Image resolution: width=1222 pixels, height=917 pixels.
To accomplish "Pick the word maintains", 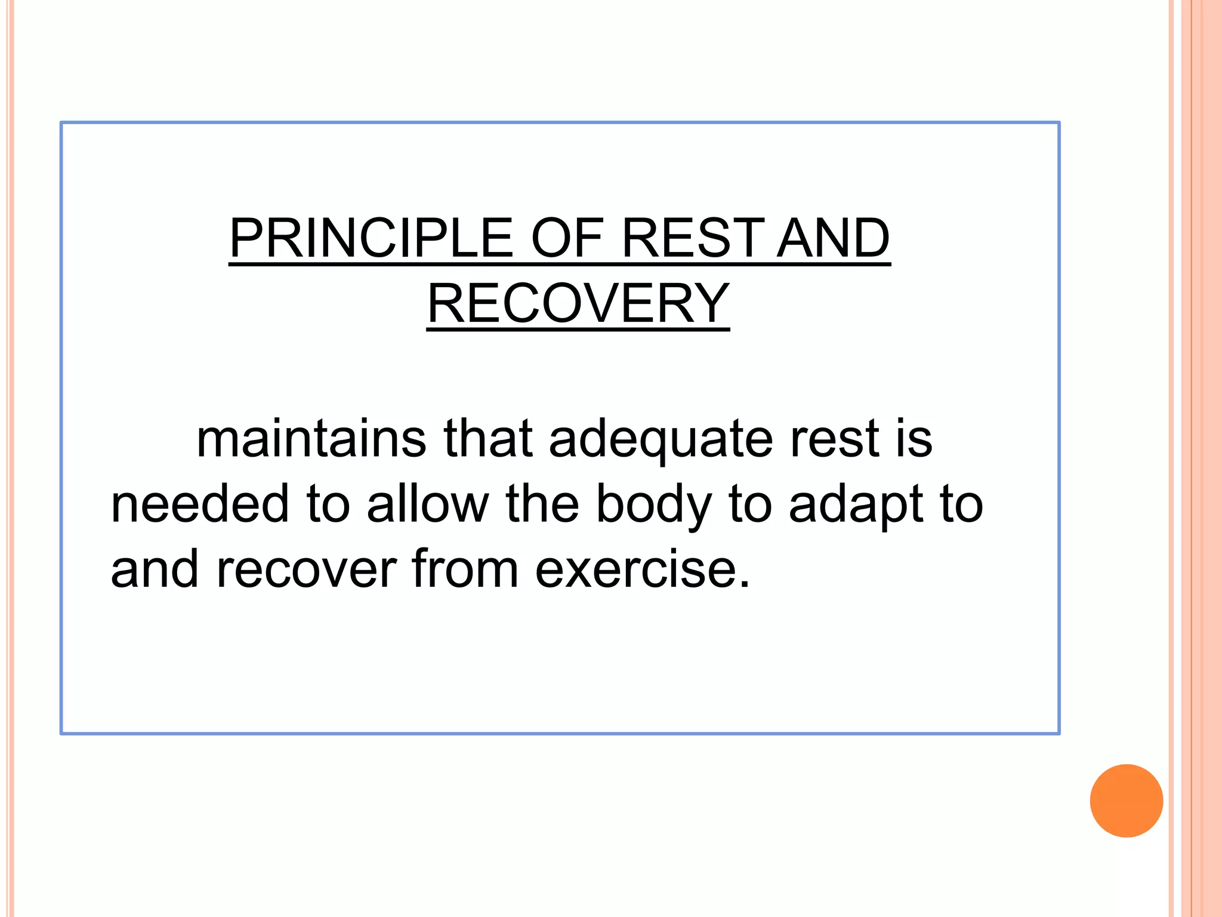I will [311, 439].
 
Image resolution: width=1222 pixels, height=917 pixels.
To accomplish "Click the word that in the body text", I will [487, 439].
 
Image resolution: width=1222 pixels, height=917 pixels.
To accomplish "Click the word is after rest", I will [914, 439].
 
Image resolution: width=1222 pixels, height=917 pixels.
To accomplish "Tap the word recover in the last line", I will [306, 570].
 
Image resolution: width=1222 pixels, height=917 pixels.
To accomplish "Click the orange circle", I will [1126, 801].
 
